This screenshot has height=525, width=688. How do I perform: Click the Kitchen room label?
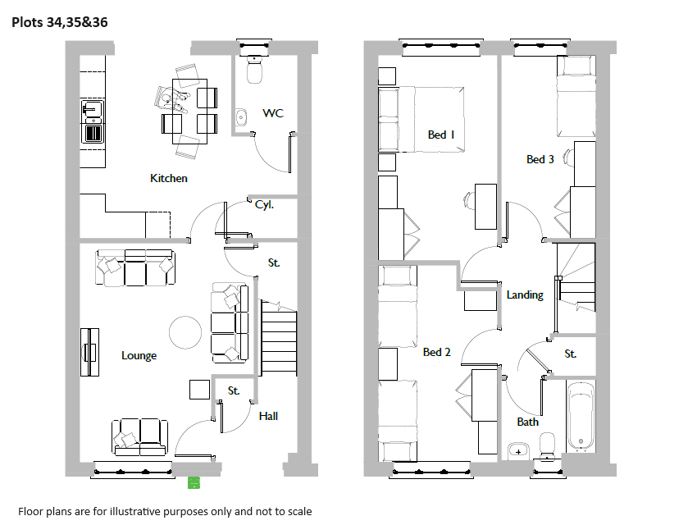coord(168,178)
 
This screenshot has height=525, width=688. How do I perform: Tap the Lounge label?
coord(139,355)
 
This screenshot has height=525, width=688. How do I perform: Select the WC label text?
coord(273,113)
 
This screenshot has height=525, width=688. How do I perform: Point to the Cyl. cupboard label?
coord(264,204)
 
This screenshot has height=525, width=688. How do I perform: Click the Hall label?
coord(268,416)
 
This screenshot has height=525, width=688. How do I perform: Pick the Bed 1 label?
coord(441,135)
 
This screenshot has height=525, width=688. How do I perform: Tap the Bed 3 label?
coord(540,159)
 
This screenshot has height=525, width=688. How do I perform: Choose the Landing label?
coord(525,295)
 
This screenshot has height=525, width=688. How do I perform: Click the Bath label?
coord(527,422)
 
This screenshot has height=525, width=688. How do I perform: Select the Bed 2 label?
coord(436,352)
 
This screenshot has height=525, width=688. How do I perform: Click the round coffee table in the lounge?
coord(185,332)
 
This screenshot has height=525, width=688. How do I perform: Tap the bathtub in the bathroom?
coord(581,417)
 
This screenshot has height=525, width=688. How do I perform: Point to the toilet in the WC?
coord(254,69)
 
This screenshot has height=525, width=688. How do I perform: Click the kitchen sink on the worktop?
coord(92,108)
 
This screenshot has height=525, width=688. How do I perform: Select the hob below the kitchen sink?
coord(93,133)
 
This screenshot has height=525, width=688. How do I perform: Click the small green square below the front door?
coord(194,483)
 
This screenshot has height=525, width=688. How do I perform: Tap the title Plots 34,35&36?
coord(60,22)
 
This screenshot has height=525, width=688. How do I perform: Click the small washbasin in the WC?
coord(241,117)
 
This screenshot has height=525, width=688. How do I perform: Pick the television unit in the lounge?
coord(89,352)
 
